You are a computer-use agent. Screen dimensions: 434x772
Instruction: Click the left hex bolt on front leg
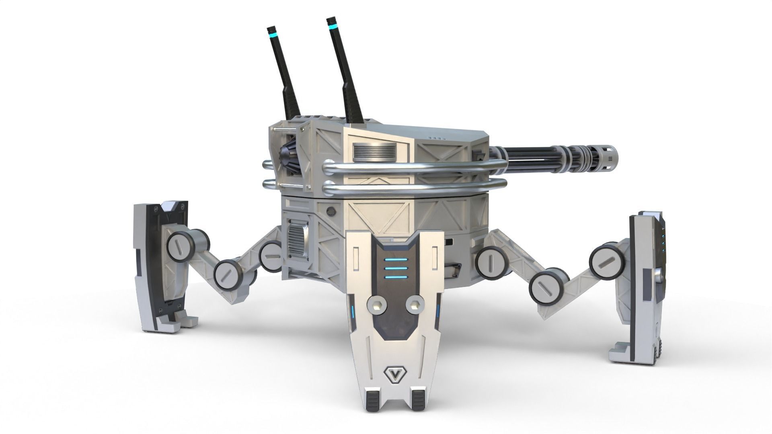(377, 306)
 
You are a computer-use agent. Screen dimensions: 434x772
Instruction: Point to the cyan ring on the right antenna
(333, 27)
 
